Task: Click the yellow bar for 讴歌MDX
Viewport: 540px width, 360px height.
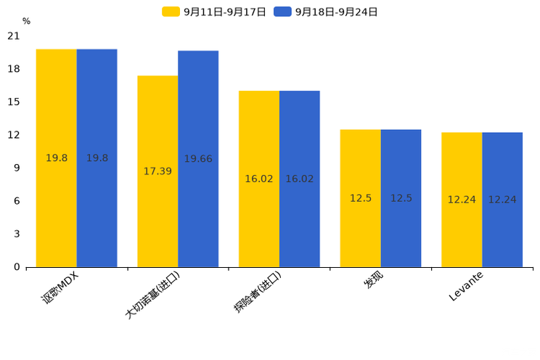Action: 57,157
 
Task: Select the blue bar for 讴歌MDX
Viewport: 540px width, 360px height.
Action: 97,157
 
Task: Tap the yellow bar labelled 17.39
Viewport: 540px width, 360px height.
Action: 157,171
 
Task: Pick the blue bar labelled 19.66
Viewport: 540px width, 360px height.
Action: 198,158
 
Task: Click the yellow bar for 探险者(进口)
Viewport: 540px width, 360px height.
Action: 259,179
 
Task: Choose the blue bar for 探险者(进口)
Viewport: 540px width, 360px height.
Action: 300,179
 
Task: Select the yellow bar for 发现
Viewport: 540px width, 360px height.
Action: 361,198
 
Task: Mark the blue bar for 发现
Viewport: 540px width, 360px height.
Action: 401,198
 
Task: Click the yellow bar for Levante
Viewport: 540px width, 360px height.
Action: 462,200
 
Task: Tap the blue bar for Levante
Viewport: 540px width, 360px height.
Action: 502,200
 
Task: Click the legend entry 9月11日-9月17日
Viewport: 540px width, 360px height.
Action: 214,12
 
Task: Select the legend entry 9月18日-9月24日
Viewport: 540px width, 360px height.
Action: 326,12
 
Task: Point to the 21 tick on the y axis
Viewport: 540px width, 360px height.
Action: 14,36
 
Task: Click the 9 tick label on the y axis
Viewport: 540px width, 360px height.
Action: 17,168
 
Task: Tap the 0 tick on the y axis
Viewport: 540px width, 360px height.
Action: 17,267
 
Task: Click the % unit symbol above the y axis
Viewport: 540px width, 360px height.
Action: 26,21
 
